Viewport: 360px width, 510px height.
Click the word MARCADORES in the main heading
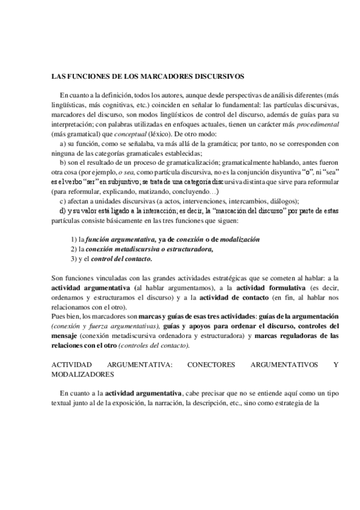tap(175, 77)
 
